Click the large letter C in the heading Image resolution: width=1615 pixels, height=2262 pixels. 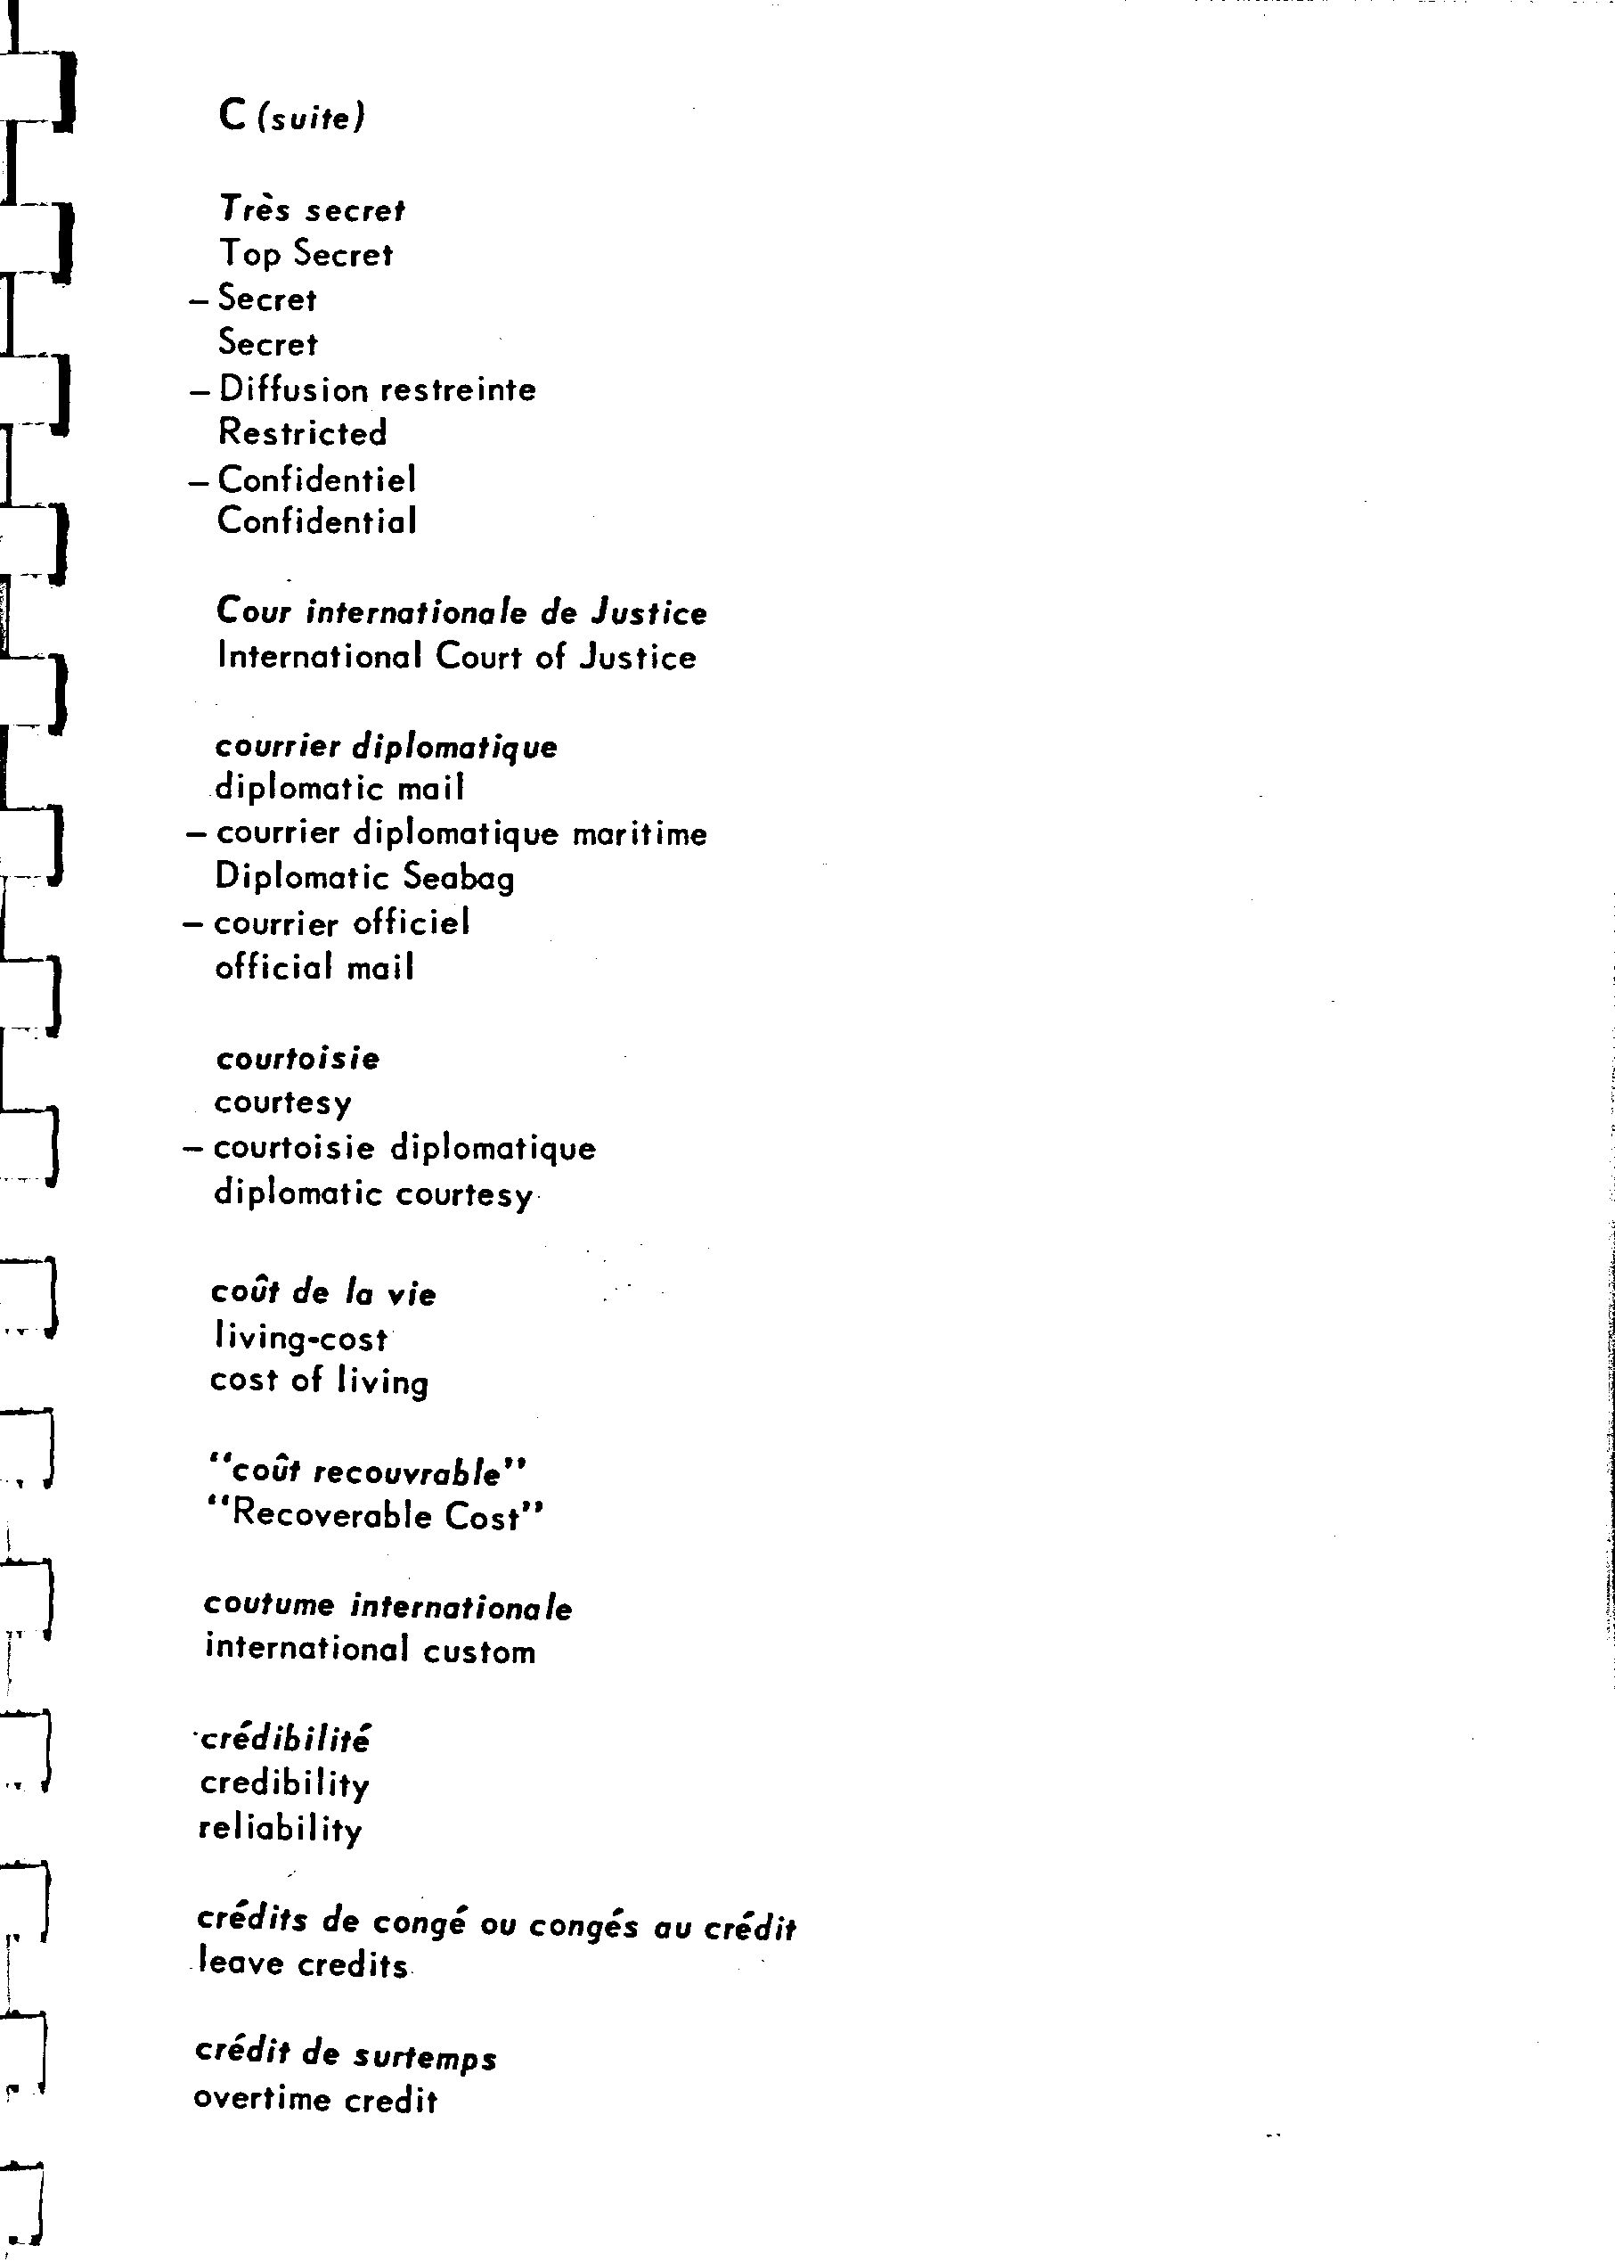(x=232, y=115)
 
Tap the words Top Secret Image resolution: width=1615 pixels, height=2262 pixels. (x=306, y=255)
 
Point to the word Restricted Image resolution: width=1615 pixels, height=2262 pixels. (x=302, y=433)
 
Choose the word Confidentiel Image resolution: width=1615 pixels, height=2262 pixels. (x=317, y=479)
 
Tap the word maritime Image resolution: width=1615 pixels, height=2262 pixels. (x=640, y=832)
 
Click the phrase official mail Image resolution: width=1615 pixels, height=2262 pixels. (x=314, y=967)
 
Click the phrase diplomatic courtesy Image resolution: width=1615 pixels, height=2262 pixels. (x=373, y=1192)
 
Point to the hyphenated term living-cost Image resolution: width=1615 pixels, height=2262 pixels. (x=300, y=1338)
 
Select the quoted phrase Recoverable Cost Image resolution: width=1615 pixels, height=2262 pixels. (x=376, y=1516)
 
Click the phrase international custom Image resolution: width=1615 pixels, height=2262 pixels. (x=370, y=1651)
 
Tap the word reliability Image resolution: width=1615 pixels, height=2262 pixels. (x=281, y=1828)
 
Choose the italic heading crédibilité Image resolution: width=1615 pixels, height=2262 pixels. (x=285, y=1739)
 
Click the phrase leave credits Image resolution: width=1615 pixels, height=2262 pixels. (x=303, y=1964)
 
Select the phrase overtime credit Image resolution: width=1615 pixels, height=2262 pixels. (x=315, y=2100)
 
